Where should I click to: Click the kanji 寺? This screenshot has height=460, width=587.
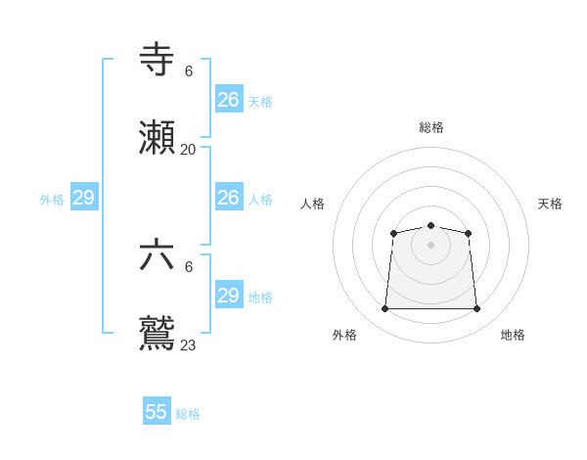(158, 60)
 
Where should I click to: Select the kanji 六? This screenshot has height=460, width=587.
(158, 255)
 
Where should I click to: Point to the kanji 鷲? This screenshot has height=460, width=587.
(158, 334)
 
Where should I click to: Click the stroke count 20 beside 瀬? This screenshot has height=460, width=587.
(188, 150)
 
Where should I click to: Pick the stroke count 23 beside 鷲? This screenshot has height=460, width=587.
(188, 345)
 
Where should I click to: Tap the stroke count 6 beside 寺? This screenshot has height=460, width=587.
(189, 71)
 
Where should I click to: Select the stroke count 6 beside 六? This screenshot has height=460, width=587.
(189, 267)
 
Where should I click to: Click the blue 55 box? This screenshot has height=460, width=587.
(157, 412)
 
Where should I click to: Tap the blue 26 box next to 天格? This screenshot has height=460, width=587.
(229, 100)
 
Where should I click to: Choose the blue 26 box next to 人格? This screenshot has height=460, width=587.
(229, 198)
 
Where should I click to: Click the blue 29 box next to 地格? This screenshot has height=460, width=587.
(229, 296)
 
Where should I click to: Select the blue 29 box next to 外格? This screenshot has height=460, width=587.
(84, 198)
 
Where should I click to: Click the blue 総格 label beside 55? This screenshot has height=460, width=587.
(188, 414)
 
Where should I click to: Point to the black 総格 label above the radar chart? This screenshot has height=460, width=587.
(431, 127)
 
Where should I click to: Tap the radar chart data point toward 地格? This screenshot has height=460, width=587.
(476, 309)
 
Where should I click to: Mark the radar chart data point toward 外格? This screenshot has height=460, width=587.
(384, 309)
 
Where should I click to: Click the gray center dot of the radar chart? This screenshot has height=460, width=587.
(430, 245)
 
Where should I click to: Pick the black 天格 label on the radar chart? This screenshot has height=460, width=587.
(550, 204)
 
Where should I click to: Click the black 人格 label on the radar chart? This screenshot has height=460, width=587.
(312, 204)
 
